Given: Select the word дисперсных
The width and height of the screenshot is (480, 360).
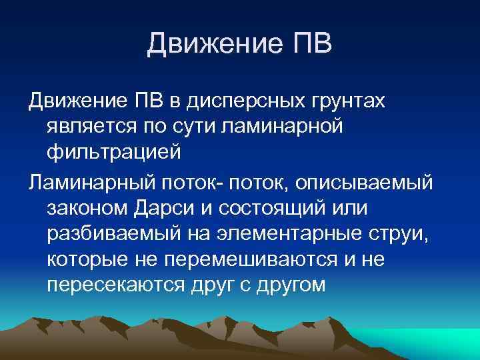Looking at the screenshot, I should (x=239, y=101).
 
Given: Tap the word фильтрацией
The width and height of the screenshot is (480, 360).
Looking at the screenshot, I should (x=114, y=150).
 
